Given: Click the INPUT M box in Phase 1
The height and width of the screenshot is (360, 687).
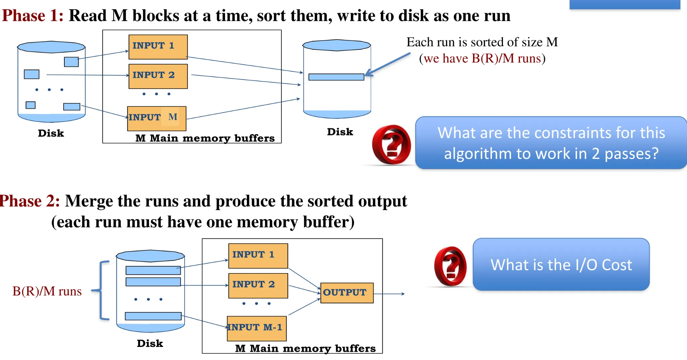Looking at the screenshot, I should click(x=157, y=118).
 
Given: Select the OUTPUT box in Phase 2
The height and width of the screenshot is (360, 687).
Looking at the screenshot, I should click(x=347, y=293).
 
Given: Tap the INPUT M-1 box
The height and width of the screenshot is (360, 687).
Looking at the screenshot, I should click(x=257, y=328).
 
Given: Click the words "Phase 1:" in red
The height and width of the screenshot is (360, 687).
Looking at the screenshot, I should click(x=33, y=16).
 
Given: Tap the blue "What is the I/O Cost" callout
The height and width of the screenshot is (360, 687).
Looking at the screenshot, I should click(x=561, y=264).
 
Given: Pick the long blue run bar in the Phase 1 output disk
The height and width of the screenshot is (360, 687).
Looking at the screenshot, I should click(x=336, y=77).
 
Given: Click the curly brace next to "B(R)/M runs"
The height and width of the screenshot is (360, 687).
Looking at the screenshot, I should click(x=102, y=290).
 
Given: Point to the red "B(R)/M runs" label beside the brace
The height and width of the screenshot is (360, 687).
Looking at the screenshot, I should click(x=47, y=291).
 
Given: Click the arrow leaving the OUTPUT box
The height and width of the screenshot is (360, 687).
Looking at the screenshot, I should click(x=389, y=294).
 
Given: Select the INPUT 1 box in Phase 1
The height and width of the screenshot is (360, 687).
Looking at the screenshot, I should click(x=158, y=47).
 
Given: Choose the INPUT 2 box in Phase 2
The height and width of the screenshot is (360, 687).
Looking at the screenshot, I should click(x=258, y=286).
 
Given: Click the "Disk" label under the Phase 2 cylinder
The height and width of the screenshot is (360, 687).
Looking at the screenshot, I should click(x=150, y=343).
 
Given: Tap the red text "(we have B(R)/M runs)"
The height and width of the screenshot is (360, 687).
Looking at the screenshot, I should click(x=482, y=58).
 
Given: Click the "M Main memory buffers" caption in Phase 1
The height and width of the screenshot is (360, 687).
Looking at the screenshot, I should click(x=205, y=138).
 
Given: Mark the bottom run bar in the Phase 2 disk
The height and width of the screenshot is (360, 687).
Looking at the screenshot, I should click(x=153, y=316).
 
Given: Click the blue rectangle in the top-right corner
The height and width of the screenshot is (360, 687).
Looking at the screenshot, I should click(x=625, y=4).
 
